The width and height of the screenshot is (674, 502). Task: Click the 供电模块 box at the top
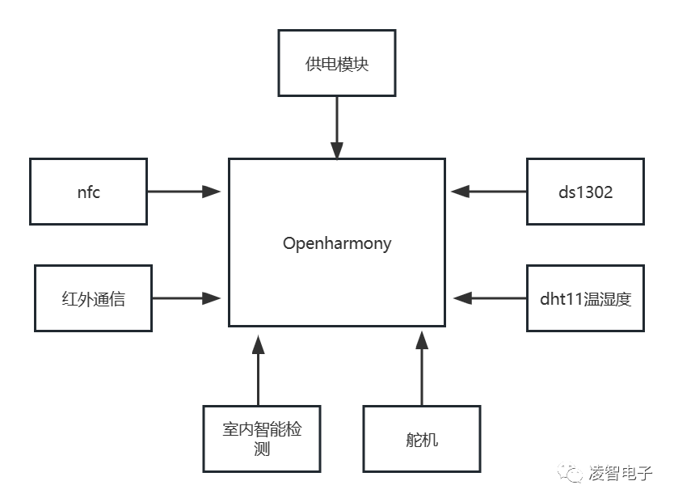(337, 64)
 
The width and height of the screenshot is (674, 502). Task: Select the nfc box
(89, 192)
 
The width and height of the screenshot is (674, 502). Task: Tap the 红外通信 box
(94, 298)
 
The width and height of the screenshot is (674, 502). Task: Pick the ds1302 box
(585, 192)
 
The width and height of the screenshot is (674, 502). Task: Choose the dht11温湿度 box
(585, 298)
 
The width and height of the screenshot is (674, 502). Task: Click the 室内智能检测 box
(261, 439)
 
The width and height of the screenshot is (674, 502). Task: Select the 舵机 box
(421, 439)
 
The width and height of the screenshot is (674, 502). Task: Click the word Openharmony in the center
(337, 243)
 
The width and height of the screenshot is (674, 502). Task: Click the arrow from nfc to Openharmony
(184, 192)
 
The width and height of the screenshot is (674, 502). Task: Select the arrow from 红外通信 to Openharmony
(187, 298)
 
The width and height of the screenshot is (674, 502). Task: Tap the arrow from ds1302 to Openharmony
(489, 192)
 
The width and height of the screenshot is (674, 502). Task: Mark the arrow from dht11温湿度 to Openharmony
(491, 298)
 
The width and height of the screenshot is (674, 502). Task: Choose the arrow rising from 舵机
(421, 368)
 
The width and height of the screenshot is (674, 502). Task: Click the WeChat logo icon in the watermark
(573, 473)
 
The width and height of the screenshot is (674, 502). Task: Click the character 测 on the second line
(261, 449)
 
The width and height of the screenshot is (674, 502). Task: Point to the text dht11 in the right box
(559, 298)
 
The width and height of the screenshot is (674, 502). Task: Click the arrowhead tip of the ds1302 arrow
(453, 192)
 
